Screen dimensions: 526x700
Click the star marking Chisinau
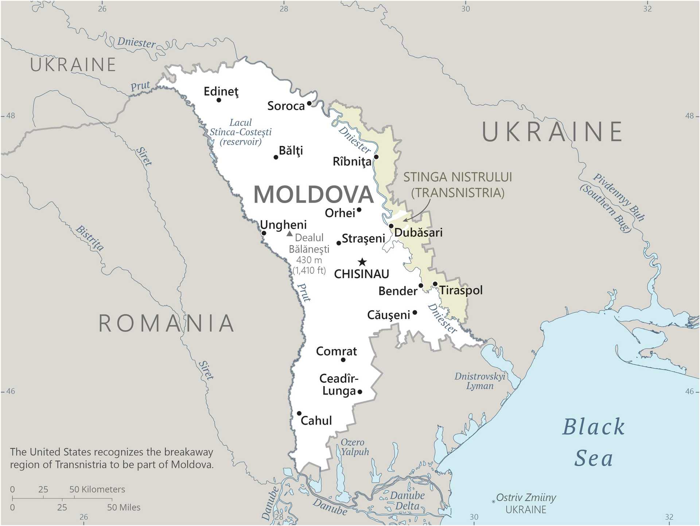[362, 262]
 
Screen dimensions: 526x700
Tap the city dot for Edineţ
[219, 100]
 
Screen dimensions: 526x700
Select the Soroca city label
[286, 106]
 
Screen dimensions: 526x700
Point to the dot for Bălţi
[276, 157]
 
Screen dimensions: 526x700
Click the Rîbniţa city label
[352, 161]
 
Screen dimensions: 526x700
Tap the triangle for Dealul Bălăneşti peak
[289, 234]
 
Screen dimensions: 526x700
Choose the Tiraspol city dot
[435, 284]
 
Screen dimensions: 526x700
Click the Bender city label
[397, 291]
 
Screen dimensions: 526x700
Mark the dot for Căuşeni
[415, 312]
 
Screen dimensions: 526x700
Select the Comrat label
[336, 351]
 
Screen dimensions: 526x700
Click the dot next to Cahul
[299, 413]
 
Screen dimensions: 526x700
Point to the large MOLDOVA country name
[314, 194]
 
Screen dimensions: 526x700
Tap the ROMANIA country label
[167, 323]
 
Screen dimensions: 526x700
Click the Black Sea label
[593, 443]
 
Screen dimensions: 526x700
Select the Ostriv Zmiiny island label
[526, 498]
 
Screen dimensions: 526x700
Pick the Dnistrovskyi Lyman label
[480, 381]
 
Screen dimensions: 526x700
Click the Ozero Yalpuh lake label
[354, 447]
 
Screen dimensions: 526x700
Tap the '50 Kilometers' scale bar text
[97, 489]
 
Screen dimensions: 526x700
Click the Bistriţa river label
[90, 238]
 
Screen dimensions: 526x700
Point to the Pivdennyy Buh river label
[618, 197]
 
